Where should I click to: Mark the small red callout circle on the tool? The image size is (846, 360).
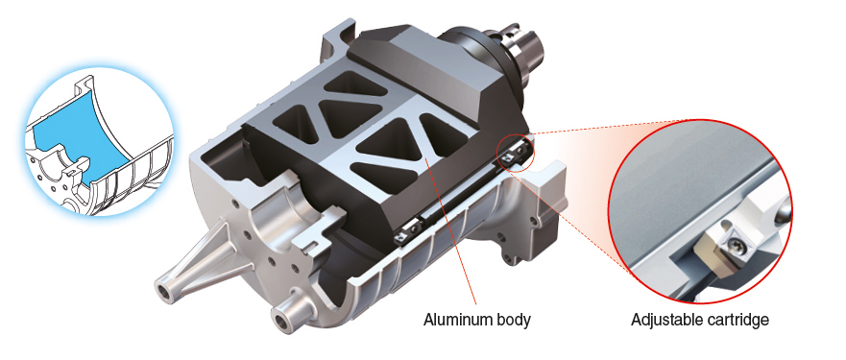(515, 154)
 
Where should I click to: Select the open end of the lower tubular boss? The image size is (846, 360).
(281, 322)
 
